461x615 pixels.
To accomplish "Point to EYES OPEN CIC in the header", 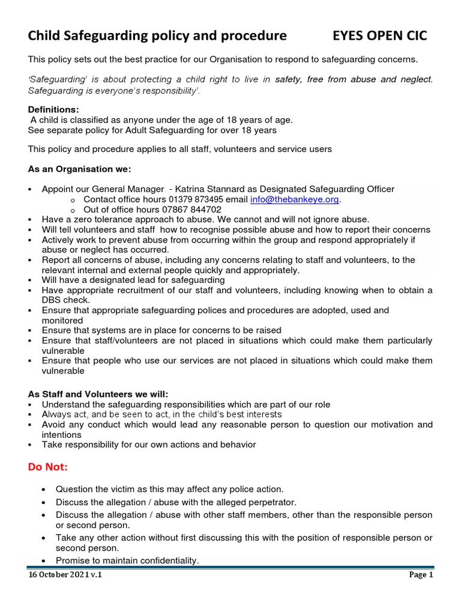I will coord(379,36).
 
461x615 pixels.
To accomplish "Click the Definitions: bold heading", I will coord(53,109).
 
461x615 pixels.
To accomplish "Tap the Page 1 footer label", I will coord(421,575).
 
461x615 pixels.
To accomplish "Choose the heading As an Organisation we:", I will coord(79,169).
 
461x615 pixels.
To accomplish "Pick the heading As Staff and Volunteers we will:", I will coord(98,394).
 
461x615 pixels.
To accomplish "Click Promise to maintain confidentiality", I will coord(127,560).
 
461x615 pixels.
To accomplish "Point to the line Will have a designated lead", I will coord(133,280).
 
